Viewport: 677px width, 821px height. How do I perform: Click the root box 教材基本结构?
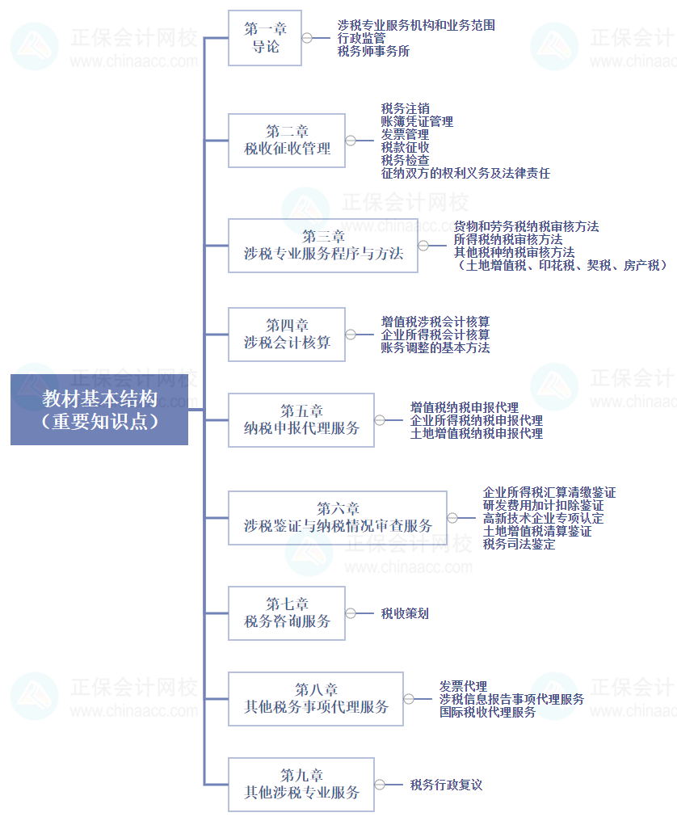pos(99,409)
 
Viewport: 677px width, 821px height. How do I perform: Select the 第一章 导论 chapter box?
pos(265,38)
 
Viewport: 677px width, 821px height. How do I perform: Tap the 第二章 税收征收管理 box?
pos(287,140)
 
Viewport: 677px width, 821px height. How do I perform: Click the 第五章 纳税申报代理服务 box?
pos(301,419)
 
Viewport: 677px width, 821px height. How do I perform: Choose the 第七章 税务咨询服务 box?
pos(287,613)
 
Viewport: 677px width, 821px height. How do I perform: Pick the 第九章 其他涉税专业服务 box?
pos(301,784)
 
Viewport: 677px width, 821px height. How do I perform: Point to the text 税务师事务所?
pos(373,51)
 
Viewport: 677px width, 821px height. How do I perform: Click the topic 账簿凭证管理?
pos(417,121)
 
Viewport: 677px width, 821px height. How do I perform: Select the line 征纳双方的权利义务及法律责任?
pos(465,173)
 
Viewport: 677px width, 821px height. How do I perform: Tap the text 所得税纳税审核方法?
pos(508,239)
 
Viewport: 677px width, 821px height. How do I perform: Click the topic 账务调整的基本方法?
pos(435,347)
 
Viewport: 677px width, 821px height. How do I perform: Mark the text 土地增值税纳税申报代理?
pos(477,433)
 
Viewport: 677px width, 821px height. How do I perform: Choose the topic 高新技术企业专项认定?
pos(543,518)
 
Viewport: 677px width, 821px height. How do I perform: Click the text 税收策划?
pos(405,613)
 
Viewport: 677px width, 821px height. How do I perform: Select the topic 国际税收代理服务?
pos(488,712)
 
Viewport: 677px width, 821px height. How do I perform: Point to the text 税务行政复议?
pos(446,784)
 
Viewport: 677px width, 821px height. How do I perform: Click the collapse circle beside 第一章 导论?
pos(307,38)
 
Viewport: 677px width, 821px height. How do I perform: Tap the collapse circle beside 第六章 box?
pos(452,518)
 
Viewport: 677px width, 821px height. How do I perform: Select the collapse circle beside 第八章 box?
pos(410,699)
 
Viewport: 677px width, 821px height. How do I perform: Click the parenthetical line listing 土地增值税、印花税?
pos(561,265)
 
